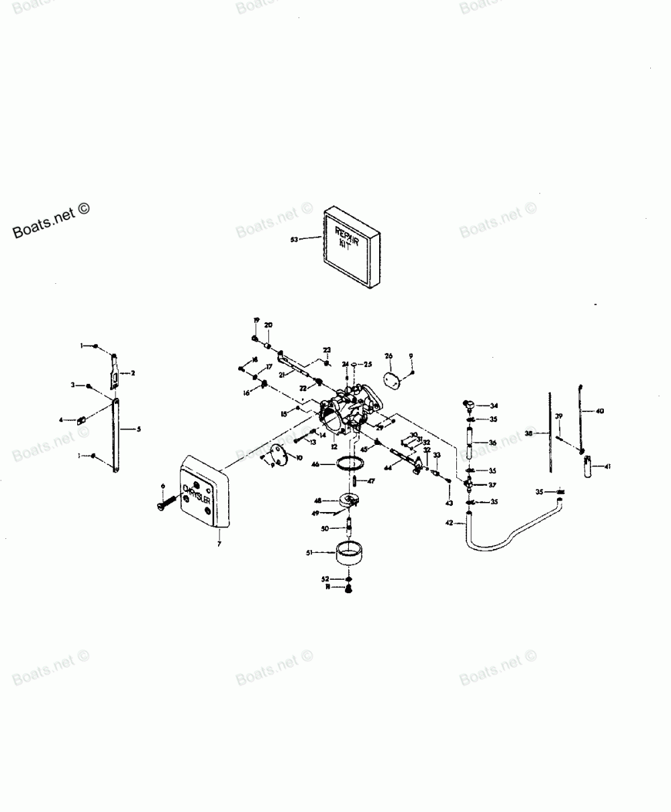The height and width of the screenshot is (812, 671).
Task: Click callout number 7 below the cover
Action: [x=219, y=544]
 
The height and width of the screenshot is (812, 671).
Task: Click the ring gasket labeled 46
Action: [x=350, y=463]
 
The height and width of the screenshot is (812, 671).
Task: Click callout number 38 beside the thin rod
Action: [x=528, y=434]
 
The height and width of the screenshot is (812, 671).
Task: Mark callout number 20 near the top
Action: [x=268, y=325]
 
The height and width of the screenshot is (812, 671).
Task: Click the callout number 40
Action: [x=600, y=410]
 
